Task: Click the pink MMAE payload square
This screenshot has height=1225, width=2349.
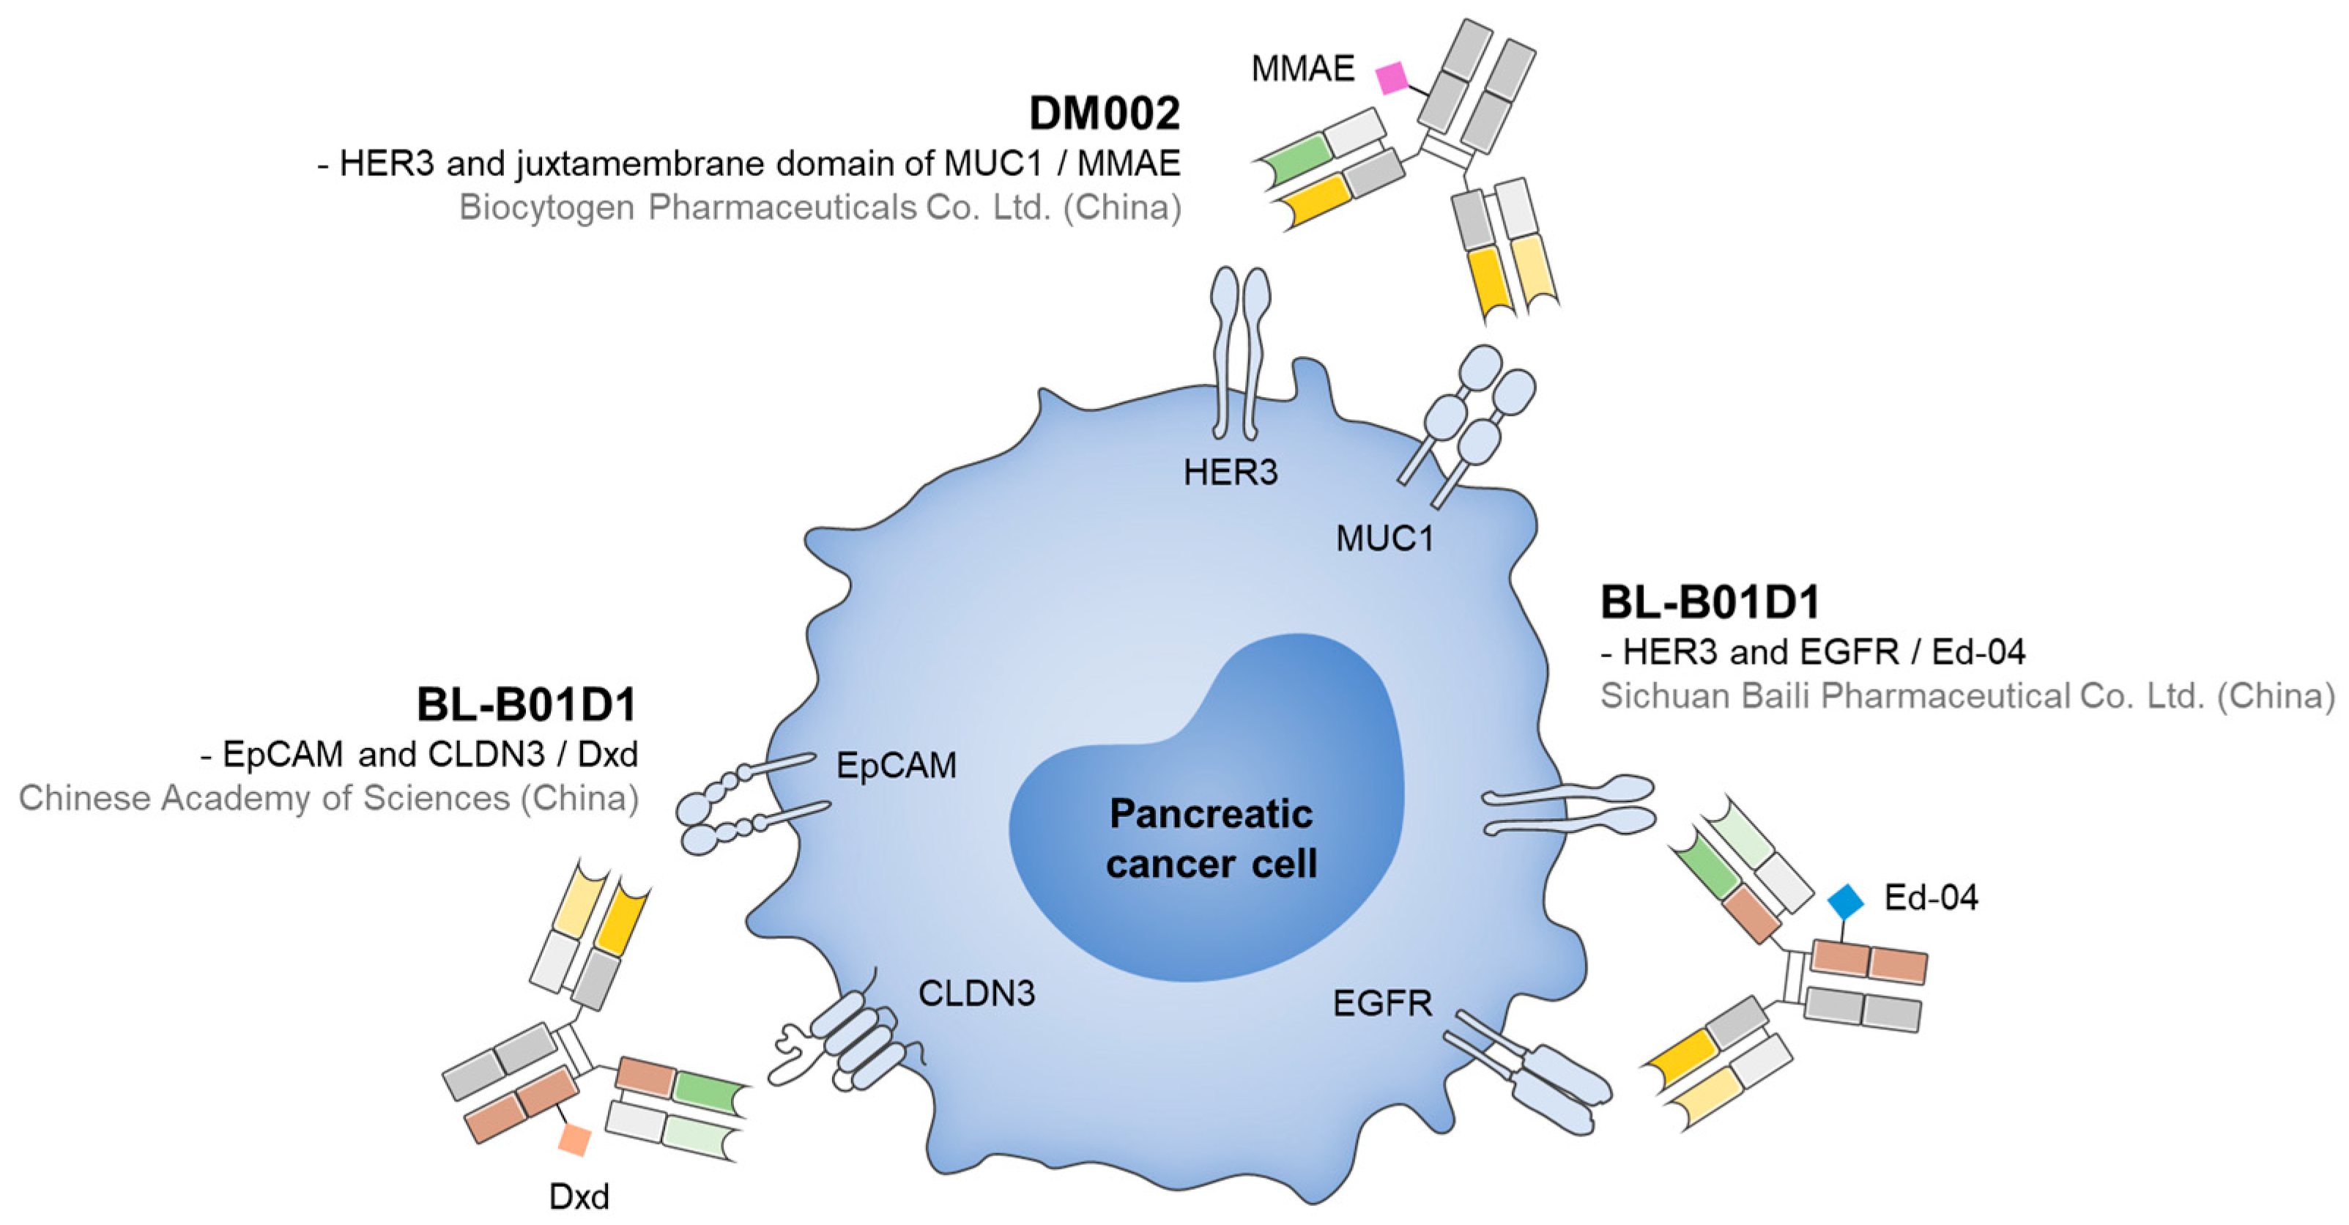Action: click(x=1392, y=78)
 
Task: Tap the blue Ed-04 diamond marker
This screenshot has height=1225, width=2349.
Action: click(x=1846, y=901)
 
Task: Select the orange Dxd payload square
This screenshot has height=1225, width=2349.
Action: click(x=574, y=1139)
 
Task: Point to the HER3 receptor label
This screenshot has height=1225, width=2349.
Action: click(x=1230, y=473)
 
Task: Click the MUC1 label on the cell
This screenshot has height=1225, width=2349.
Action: click(x=1384, y=539)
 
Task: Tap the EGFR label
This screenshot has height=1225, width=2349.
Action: click(x=1381, y=1003)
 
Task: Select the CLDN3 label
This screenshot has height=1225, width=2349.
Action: click(x=976, y=993)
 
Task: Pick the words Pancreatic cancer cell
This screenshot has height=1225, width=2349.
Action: click(x=1211, y=838)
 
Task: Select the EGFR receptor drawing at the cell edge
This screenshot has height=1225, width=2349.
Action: click(x=1532, y=1072)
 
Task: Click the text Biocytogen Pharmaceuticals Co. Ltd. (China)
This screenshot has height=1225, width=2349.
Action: click(x=819, y=208)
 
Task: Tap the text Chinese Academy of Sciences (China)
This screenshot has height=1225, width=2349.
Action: click(x=328, y=798)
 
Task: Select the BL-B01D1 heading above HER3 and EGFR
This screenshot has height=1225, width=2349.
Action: click(x=1710, y=602)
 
